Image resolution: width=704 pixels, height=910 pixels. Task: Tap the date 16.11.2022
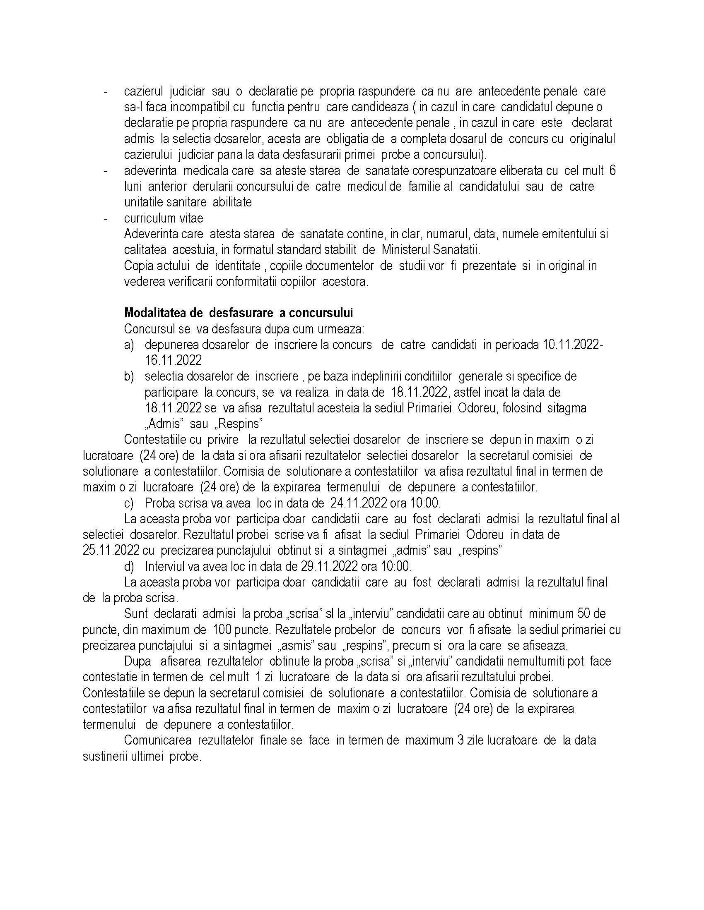pos(173,360)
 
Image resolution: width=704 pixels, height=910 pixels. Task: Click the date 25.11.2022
pos(111,551)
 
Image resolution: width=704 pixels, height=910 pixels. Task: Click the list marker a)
pos(128,345)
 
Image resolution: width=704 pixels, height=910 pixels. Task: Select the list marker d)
pos(129,566)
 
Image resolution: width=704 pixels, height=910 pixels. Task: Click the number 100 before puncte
pos(223,630)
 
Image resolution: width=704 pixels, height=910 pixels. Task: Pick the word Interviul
pos(164,566)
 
